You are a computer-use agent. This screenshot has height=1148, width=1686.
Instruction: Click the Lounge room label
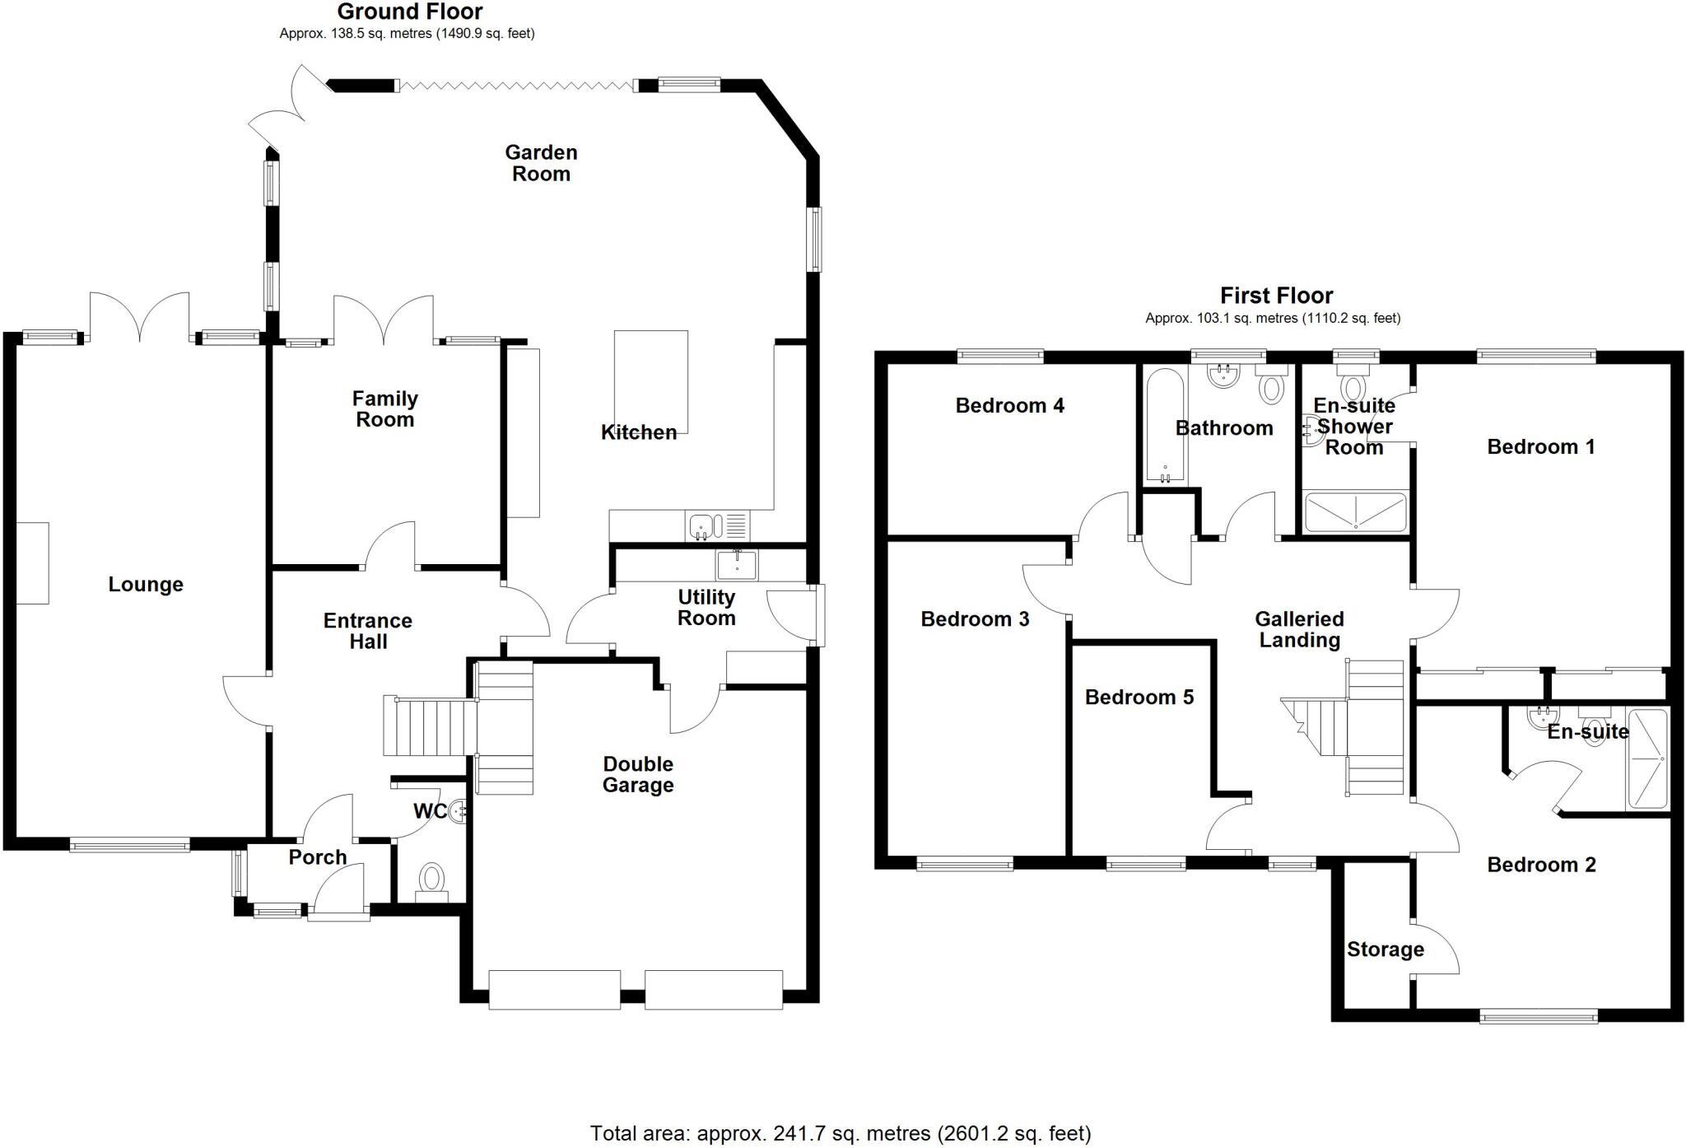146,585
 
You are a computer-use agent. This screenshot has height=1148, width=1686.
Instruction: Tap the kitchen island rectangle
650,380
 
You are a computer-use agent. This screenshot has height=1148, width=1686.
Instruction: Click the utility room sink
737,565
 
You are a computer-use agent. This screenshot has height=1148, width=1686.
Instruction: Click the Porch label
317,857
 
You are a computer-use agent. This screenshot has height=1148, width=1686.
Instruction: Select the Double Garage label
637,774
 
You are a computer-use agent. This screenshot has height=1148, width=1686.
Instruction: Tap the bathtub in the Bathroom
1164,425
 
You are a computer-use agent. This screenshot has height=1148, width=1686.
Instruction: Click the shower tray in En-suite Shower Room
1355,511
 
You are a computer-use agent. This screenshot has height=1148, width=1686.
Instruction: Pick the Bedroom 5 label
1139,698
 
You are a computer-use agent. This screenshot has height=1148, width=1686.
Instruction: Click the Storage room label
1385,950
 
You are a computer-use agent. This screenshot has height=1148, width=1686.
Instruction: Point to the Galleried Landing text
1298,629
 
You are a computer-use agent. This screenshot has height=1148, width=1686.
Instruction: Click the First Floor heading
1276,296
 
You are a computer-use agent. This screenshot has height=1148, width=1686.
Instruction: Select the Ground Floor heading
409,12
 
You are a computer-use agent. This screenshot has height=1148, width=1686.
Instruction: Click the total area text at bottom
840,1133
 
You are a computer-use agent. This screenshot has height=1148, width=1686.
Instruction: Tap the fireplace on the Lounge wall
32,563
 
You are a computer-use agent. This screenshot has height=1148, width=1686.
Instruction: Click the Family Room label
384,409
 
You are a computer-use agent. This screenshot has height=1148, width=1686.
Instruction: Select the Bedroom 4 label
1009,405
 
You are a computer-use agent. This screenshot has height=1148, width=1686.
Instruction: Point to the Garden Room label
541,163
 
